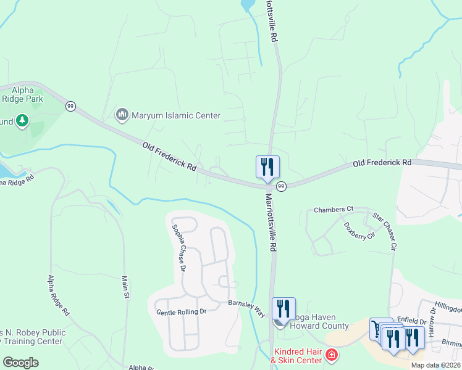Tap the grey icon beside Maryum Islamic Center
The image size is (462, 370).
[x=122, y=115]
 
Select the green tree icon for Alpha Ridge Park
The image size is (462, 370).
[x=22, y=120]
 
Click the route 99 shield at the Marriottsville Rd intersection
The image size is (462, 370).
[x=281, y=186]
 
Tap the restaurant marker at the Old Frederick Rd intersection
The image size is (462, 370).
[x=267, y=167]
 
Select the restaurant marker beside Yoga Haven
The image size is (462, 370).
[x=283, y=309]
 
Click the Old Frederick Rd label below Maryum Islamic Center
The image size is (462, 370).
[x=169, y=157]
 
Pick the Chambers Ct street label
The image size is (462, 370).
[x=333, y=210]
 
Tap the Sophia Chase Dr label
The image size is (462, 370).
[x=177, y=247]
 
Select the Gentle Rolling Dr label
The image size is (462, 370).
[x=181, y=312]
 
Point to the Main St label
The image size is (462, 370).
[x=126, y=287]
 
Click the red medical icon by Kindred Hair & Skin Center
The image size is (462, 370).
[x=332, y=355]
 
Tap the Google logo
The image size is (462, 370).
[x=21, y=363]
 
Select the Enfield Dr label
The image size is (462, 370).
[x=412, y=321]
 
